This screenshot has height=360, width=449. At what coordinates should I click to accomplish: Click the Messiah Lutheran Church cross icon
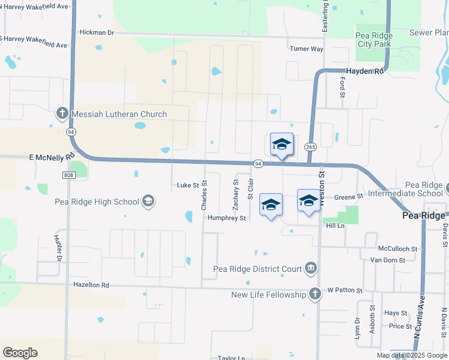point(62,113)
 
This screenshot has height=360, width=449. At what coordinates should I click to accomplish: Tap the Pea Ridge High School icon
point(148,202)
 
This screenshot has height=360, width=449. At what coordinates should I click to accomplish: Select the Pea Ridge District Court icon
point(310,268)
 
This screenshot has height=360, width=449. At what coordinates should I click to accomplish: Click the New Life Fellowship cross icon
point(315,294)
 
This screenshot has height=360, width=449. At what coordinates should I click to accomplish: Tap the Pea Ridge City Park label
point(374,39)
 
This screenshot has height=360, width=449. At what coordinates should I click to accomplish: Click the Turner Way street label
point(306,49)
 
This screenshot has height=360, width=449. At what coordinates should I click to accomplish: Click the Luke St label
point(187,185)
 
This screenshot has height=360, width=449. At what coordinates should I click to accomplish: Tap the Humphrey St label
point(227,218)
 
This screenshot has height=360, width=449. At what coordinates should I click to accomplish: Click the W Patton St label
point(345,290)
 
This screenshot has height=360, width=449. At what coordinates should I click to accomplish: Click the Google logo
point(20,353)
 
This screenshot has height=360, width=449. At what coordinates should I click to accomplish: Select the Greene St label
point(349,196)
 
